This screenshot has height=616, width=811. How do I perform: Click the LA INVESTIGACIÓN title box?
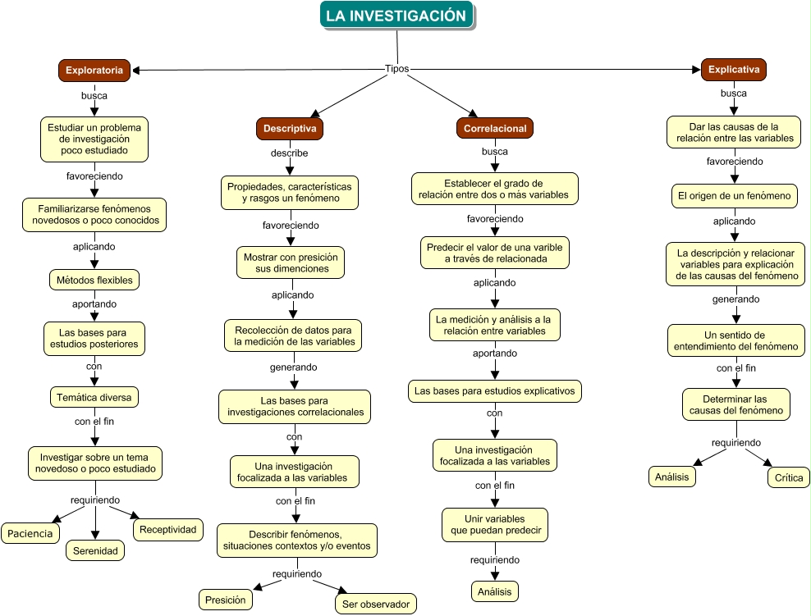point(396,16)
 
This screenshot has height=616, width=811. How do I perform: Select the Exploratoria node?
point(94,71)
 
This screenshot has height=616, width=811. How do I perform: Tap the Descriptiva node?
point(290,128)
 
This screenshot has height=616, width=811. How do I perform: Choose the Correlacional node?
point(494,129)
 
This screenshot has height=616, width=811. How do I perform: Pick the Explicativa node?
point(733,70)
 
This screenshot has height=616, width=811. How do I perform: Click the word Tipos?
point(396,69)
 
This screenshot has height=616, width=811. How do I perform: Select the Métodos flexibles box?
point(94,280)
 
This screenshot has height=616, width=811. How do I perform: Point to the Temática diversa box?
point(94,397)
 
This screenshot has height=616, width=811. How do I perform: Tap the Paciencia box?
point(30,533)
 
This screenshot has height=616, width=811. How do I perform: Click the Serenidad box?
point(95,550)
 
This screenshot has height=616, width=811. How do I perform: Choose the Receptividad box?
point(167,529)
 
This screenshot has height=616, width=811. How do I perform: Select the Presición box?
point(225,600)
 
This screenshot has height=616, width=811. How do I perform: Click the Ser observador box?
point(376,604)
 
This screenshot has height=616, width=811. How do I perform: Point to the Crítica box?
point(789,477)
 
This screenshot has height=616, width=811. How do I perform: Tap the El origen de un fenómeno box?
point(733,196)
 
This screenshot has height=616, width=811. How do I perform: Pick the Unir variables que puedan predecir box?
point(494,524)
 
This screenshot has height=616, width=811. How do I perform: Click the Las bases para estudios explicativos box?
point(495,391)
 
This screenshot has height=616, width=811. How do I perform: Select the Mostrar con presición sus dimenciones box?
point(290,262)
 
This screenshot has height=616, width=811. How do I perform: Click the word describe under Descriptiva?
point(290,153)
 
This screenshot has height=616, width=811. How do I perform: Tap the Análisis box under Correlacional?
point(495,591)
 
